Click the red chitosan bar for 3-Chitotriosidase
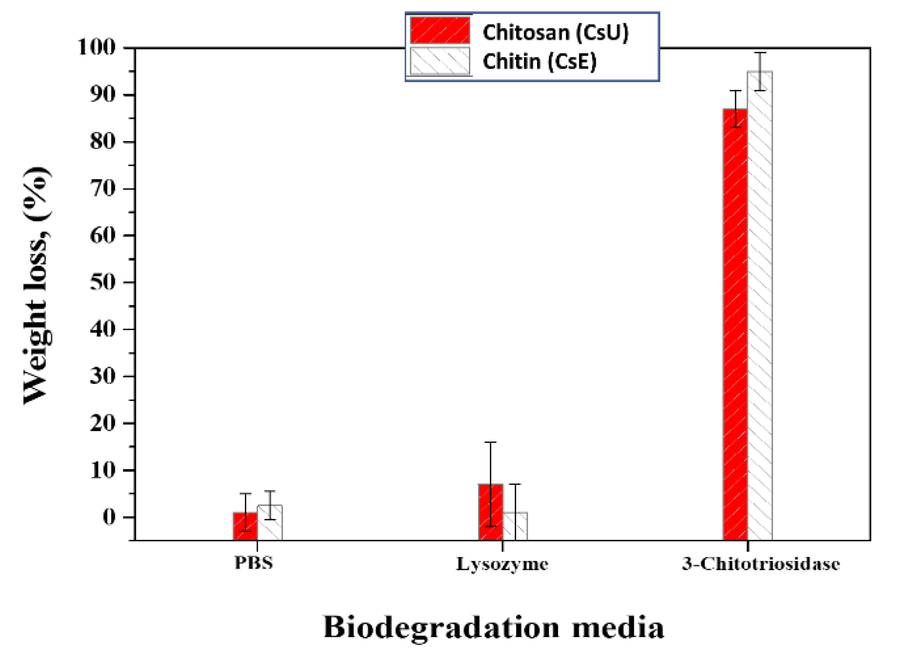735,322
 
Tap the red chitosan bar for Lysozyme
490,512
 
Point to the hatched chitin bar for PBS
270,522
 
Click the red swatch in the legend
440,31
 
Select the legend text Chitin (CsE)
539,61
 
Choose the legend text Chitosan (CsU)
555,32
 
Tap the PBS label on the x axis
254,563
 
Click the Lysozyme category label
502,564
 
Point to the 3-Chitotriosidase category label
761,564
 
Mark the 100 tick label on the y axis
97,47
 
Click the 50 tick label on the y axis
103,282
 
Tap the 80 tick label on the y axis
103,141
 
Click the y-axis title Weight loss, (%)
37,285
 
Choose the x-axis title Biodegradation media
493,627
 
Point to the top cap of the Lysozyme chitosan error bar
490,442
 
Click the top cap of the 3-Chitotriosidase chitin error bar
760,53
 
